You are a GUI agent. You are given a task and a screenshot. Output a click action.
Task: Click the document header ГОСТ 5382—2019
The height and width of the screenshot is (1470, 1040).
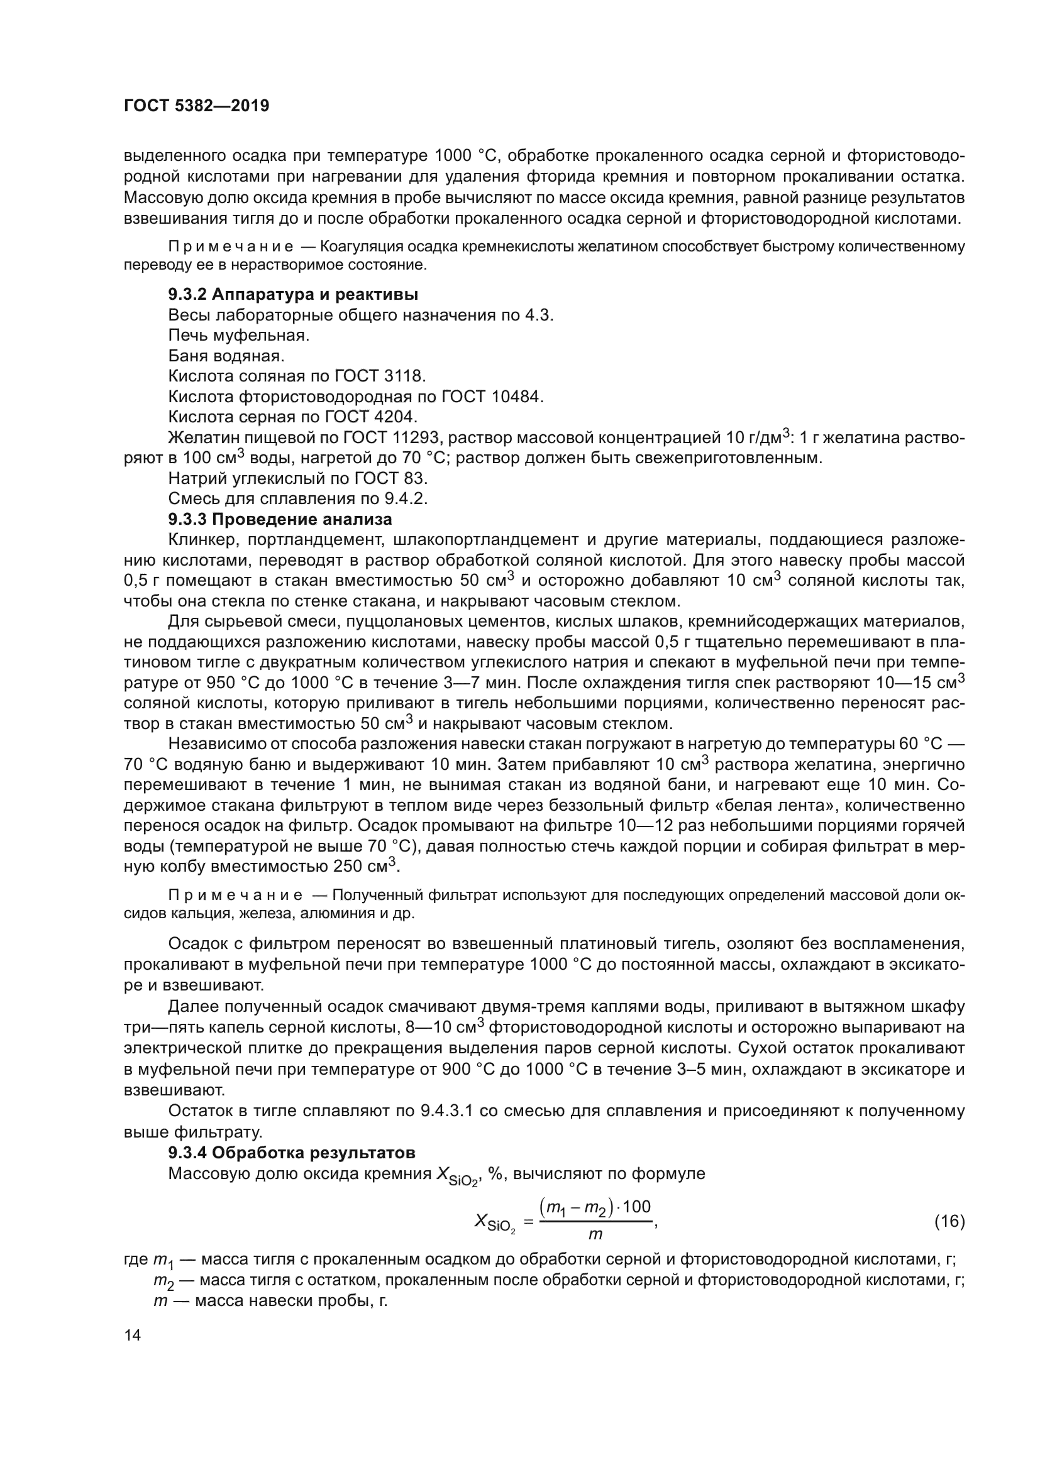(196, 106)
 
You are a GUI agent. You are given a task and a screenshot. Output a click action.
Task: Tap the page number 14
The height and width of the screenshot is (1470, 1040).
(132, 1335)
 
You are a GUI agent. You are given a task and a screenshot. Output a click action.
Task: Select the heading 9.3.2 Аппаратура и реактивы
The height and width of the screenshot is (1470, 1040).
(292, 295)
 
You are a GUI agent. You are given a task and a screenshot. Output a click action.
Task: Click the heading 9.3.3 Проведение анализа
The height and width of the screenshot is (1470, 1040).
(280, 518)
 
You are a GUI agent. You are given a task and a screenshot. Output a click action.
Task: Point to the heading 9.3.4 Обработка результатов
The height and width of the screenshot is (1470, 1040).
(291, 1153)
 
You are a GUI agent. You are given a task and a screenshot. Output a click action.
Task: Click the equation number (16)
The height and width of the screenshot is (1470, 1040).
(949, 1222)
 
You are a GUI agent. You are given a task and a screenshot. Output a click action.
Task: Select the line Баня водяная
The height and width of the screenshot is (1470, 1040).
(226, 355)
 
